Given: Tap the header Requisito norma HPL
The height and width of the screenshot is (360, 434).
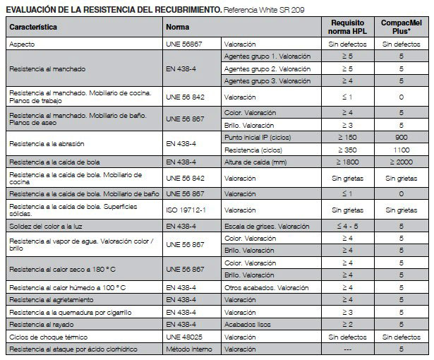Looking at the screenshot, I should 347,27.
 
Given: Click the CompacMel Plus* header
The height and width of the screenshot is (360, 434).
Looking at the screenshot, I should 401,27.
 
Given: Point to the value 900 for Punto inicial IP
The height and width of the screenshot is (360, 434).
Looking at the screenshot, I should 401,136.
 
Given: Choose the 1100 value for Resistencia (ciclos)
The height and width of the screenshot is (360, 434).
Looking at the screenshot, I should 401,150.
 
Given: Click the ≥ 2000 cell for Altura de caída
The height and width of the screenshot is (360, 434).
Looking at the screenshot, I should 401,163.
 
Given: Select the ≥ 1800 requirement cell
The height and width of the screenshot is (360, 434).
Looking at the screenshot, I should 347,163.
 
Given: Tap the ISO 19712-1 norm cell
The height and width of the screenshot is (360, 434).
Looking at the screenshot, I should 185,209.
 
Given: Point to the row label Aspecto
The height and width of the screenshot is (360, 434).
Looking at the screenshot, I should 22,44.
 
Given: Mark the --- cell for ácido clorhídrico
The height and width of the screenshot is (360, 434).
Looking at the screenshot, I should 347,350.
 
